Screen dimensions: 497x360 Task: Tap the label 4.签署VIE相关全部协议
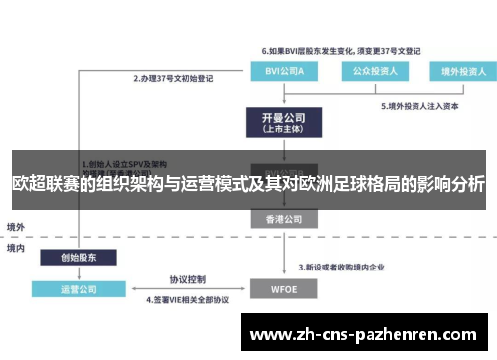click(x=189, y=300)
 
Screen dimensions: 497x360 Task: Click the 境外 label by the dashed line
click(x=17, y=227)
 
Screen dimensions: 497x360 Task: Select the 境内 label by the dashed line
click(x=17, y=247)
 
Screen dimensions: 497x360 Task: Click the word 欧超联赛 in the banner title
click(x=45, y=184)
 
